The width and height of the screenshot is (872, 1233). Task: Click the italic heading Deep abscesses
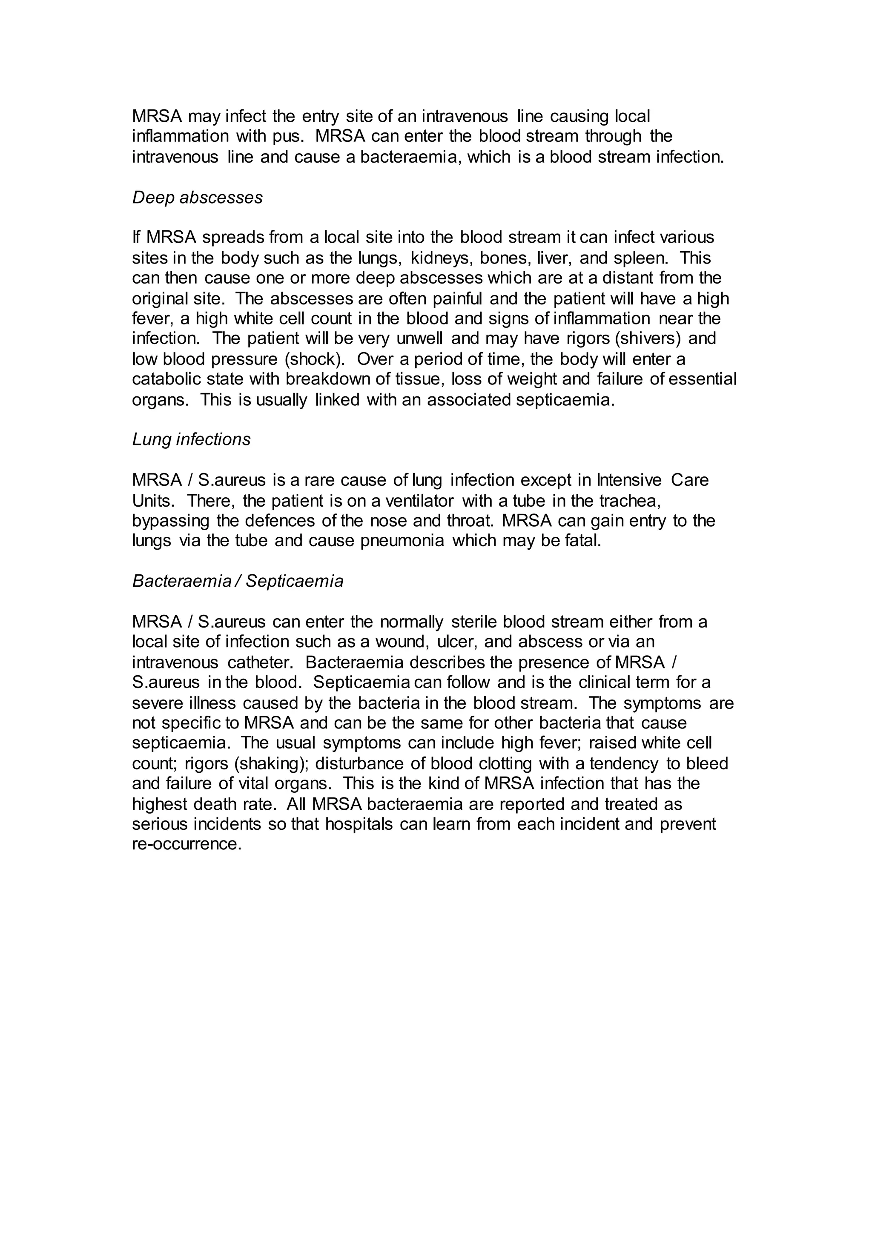tap(197, 198)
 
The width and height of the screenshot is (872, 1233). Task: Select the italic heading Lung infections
tap(191, 439)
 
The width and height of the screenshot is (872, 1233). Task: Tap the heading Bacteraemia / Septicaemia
tap(237, 581)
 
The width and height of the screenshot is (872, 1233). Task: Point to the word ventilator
tap(411, 501)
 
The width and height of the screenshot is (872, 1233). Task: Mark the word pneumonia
tap(402, 541)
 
